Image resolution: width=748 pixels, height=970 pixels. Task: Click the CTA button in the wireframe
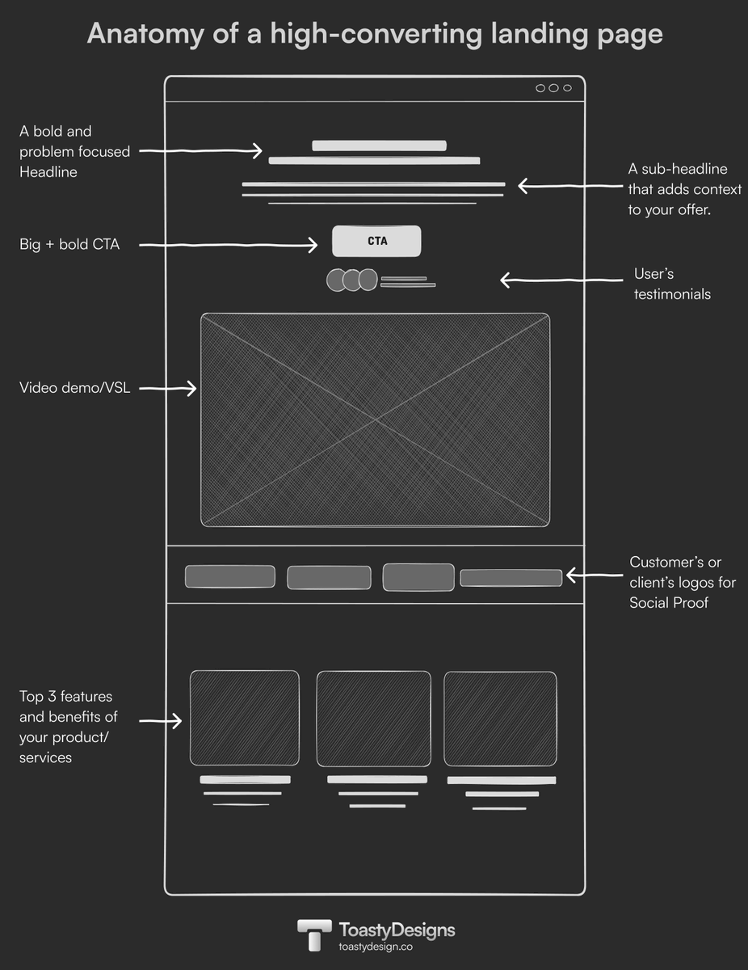click(376, 241)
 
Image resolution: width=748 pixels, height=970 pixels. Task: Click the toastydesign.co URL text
click(376, 947)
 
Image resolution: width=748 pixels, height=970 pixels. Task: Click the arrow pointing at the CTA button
click(226, 244)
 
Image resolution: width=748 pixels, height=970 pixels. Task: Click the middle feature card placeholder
click(373, 719)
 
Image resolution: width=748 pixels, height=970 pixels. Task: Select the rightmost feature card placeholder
click(500, 719)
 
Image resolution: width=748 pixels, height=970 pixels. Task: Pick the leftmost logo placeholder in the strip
click(229, 576)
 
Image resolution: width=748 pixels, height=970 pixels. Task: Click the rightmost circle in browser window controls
click(567, 88)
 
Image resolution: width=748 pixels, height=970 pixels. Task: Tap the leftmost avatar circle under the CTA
click(337, 280)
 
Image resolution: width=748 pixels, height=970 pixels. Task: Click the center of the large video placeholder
click(375, 420)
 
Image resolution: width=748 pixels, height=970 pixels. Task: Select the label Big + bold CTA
click(69, 244)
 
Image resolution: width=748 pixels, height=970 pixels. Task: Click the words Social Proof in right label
click(669, 603)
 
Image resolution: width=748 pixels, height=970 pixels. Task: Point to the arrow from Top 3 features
click(161, 719)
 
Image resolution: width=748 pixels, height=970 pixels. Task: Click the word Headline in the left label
click(48, 171)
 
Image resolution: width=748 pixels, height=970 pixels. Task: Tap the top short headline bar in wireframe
click(379, 145)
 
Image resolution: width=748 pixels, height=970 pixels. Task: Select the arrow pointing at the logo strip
click(594, 576)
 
